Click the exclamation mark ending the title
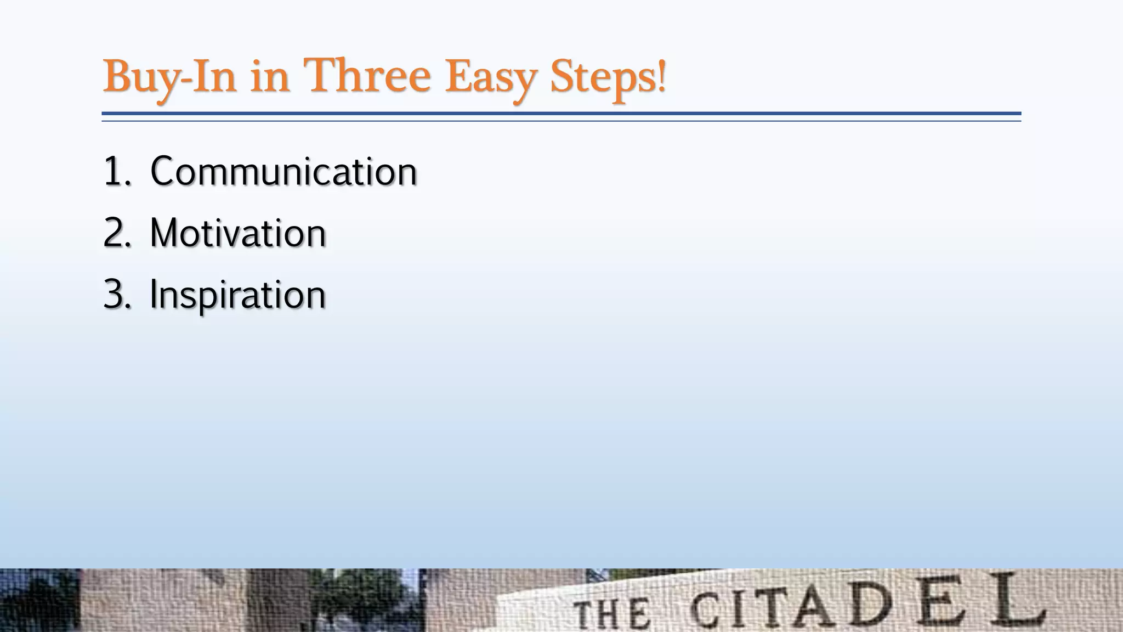[662, 76]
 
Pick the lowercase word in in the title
[270, 77]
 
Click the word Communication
[283, 172]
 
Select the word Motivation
[238, 233]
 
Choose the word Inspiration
[238, 295]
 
